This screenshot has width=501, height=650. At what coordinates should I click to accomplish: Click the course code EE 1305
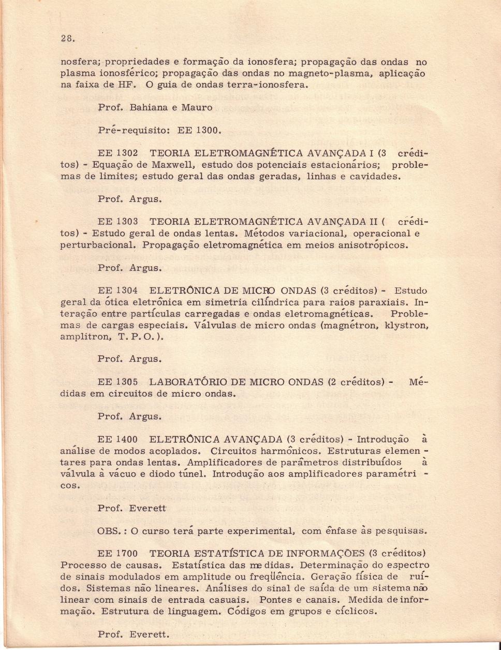117,383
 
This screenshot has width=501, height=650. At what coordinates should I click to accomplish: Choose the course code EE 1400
117,440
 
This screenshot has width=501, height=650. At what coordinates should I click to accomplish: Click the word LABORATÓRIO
199,383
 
